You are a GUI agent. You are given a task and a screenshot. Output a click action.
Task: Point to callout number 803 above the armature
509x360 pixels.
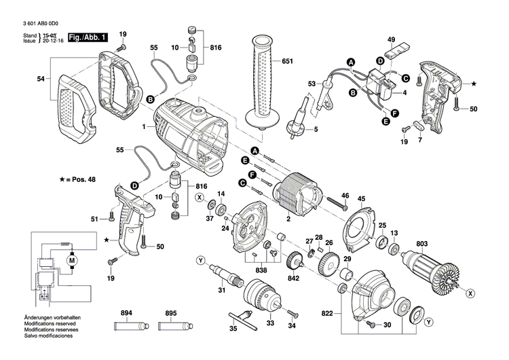coord(422,243)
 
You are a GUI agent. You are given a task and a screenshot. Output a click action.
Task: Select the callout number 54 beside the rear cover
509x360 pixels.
coord(41,79)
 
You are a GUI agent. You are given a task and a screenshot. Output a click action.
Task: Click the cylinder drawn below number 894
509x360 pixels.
coord(125,331)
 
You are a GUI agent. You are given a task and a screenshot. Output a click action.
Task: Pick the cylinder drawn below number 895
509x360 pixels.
coord(171,331)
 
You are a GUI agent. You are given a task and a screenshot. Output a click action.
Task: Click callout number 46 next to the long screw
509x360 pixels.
coord(344,196)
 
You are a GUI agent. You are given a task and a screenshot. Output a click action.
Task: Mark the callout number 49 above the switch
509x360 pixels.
coord(391,39)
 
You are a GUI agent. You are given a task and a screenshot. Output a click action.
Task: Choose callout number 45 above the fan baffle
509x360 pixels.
coord(361,199)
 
